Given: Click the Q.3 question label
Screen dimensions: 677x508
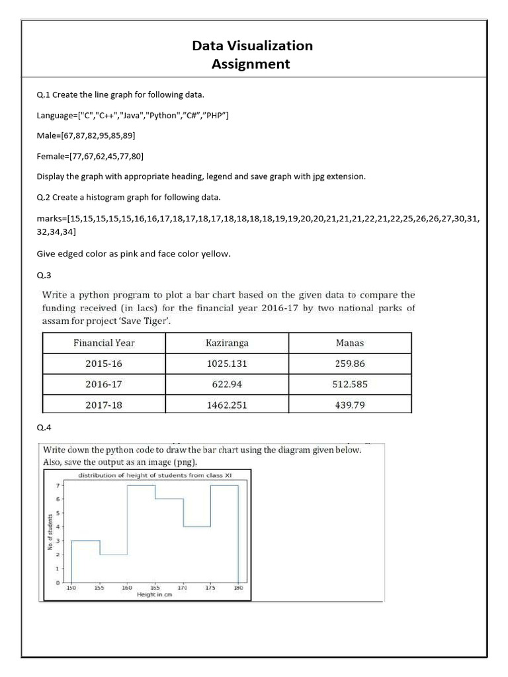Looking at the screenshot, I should (x=44, y=276).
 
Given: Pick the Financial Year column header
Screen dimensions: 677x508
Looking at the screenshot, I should (x=104, y=343).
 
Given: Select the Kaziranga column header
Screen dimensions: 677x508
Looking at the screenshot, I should (x=227, y=343).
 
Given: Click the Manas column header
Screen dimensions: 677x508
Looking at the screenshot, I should (x=350, y=343).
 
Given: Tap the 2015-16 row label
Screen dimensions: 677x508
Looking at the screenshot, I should (x=104, y=364).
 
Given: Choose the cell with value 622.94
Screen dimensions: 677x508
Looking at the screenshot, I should (x=227, y=384).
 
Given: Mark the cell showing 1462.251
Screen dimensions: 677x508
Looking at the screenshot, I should (x=227, y=405).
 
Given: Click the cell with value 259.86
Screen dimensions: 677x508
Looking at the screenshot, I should (x=350, y=364).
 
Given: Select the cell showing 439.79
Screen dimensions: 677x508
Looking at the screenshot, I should (x=350, y=405).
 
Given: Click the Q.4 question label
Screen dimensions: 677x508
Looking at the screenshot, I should (x=44, y=428).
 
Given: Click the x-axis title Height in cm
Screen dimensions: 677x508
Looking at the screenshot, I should (x=155, y=595).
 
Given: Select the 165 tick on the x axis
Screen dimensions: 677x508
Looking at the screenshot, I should (x=155, y=587).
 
